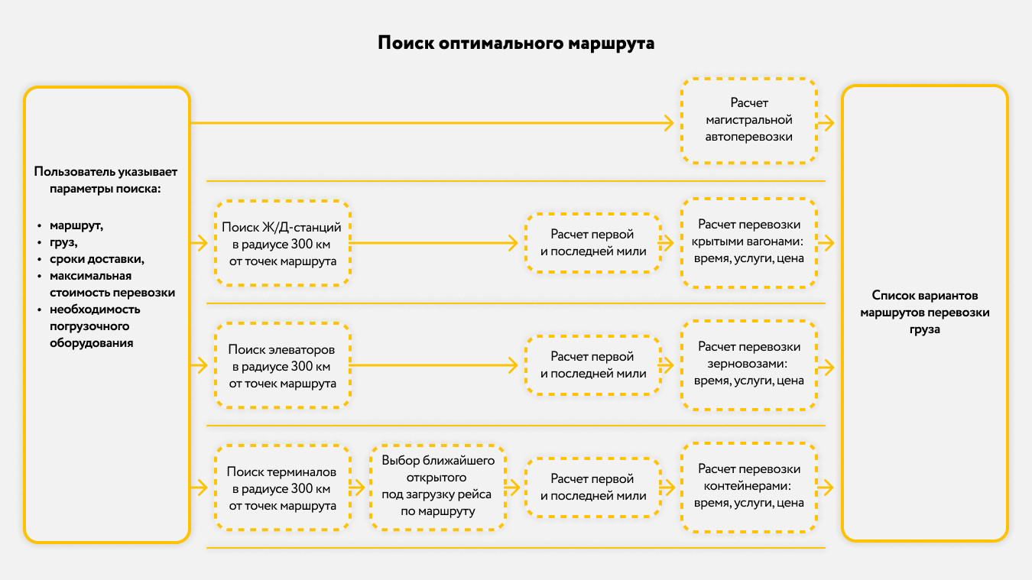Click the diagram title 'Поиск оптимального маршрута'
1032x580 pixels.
(x=516, y=43)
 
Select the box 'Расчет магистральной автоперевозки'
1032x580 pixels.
(x=748, y=120)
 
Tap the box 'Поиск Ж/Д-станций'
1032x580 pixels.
(x=283, y=244)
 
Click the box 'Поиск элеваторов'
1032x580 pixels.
(x=283, y=366)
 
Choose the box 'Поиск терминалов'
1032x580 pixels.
(x=283, y=488)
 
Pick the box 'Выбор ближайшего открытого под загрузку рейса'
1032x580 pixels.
(x=438, y=487)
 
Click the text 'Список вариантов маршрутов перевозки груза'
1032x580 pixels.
(x=924, y=312)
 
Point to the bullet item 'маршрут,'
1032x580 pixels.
(x=76, y=226)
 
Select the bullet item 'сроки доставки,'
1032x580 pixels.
(x=97, y=259)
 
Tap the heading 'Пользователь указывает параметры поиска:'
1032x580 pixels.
(x=106, y=180)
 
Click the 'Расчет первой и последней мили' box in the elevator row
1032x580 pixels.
(x=592, y=365)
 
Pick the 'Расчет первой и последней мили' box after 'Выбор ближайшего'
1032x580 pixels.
(x=592, y=487)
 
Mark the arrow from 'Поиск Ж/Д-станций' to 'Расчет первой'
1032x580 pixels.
(x=436, y=244)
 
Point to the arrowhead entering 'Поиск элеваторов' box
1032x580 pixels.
(x=201, y=366)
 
